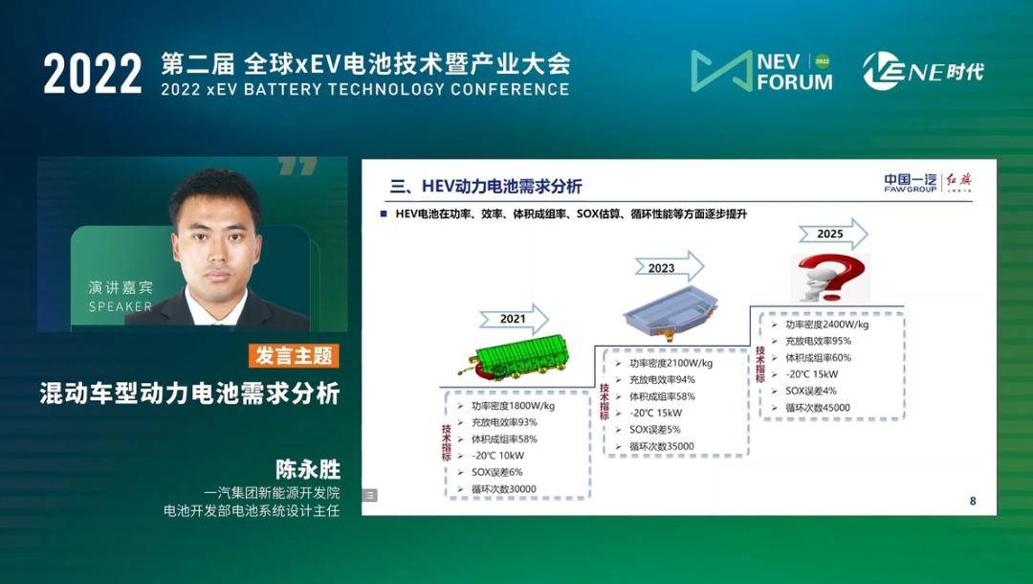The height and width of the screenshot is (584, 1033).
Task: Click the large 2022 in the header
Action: point(93,73)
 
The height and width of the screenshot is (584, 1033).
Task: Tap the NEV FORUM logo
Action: point(762,71)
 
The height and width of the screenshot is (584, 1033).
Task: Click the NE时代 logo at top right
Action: point(922,71)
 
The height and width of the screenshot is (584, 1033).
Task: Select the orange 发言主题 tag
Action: point(294,356)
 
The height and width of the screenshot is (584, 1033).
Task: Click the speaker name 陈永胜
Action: point(308,469)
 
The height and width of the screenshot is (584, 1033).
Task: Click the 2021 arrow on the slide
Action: point(514,319)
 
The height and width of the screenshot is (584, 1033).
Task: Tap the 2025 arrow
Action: point(833,234)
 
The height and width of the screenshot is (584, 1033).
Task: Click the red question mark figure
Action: point(830,278)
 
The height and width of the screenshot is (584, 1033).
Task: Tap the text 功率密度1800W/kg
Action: point(514,406)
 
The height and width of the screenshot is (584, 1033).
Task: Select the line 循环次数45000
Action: point(818,408)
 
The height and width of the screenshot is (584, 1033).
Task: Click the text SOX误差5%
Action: point(655,430)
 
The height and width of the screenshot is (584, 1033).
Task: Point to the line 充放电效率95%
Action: point(818,342)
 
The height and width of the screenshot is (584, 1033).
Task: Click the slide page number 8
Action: point(973,501)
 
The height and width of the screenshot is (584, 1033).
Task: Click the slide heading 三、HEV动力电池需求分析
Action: point(486,187)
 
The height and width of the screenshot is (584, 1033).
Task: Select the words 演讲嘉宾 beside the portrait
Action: point(121,287)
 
